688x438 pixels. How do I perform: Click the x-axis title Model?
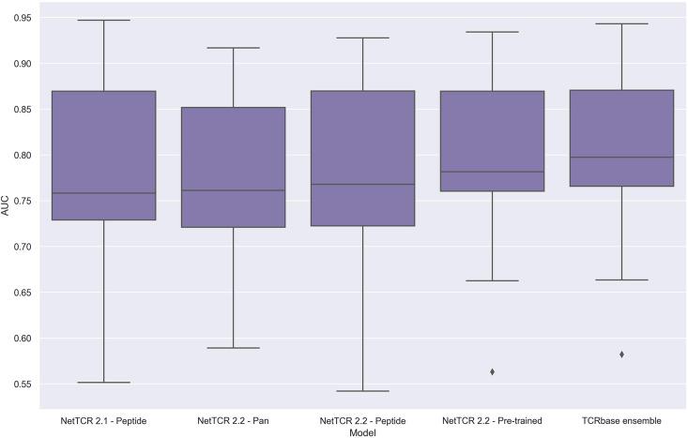pyautogui.click(x=362, y=430)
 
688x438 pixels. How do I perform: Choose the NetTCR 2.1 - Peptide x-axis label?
pyautogui.click(x=103, y=419)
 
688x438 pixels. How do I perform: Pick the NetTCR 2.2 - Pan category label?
pyautogui.click(x=233, y=419)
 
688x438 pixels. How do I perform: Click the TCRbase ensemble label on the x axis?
pyautogui.click(x=621, y=419)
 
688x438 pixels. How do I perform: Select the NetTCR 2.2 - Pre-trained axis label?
pyautogui.click(x=492, y=419)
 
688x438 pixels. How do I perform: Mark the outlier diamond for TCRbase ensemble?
pyautogui.click(x=621, y=355)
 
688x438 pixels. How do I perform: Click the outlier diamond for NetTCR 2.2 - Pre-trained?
pyautogui.click(x=492, y=372)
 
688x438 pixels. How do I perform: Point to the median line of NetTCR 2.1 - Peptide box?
pyautogui.click(x=103, y=193)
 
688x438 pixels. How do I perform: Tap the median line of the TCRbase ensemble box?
pyautogui.click(x=621, y=158)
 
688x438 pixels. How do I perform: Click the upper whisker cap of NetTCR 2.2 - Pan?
pyautogui.click(x=233, y=48)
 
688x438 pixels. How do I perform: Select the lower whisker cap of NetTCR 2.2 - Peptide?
pyautogui.click(x=362, y=391)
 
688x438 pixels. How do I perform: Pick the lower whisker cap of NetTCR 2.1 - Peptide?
pyautogui.click(x=103, y=383)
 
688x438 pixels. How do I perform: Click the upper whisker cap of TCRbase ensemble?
pyautogui.click(x=621, y=23)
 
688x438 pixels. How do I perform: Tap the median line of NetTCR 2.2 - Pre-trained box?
pyautogui.click(x=492, y=172)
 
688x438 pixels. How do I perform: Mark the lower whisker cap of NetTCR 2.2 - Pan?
pyautogui.click(x=233, y=348)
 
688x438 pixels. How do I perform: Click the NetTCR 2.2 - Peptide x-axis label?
pyautogui.click(x=362, y=419)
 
